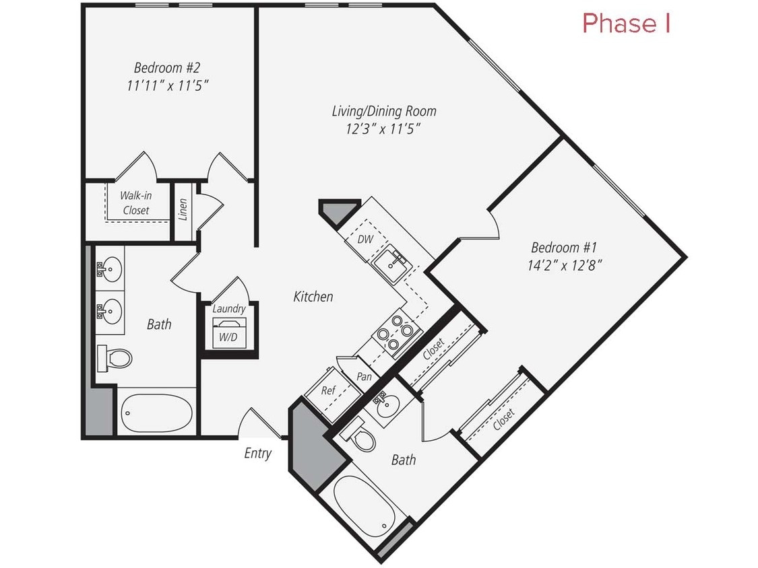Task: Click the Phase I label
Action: click(x=626, y=23)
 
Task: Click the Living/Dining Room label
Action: click(x=384, y=110)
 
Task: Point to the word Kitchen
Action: click(x=313, y=296)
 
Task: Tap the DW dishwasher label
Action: click(x=365, y=239)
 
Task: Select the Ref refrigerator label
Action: click(x=328, y=390)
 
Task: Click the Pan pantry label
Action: click(x=364, y=377)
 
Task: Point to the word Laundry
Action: click(x=228, y=309)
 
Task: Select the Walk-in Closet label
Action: click(x=135, y=203)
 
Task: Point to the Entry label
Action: click(x=257, y=454)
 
